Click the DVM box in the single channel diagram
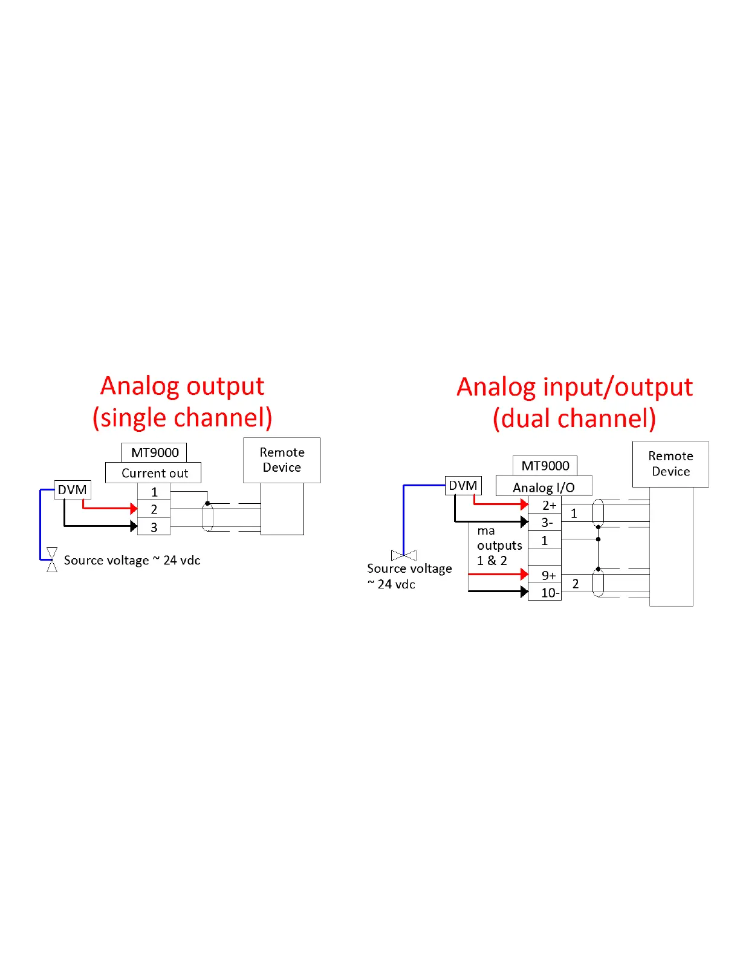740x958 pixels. click(x=73, y=490)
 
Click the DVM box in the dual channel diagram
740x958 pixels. click(x=463, y=486)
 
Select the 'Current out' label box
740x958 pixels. click(x=154, y=473)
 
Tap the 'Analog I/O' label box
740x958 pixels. click(x=544, y=487)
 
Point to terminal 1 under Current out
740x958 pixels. click(x=154, y=492)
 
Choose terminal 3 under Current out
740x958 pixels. click(x=154, y=527)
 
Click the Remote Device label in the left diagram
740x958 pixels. click(x=282, y=460)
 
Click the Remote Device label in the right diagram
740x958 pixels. click(x=670, y=464)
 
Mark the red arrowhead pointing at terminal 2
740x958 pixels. click(x=134, y=509)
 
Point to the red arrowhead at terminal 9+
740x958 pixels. click(x=524, y=574)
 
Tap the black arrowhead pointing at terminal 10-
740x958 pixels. click(x=524, y=592)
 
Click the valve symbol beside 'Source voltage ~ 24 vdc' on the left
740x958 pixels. click(x=52, y=559)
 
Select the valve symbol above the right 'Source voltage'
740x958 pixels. click(x=404, y=555)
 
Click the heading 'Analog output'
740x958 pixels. click(x=182, y=386)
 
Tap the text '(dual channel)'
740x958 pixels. click(x=574, y=419)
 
